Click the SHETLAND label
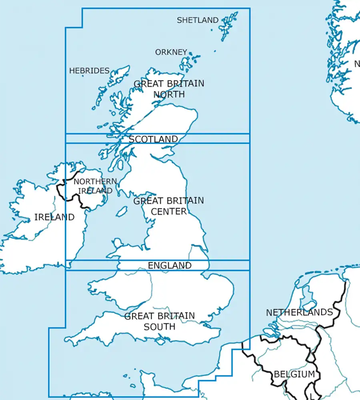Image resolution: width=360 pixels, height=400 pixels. [x=198, y=20]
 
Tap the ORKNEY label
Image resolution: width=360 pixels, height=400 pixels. [x=171, y=52]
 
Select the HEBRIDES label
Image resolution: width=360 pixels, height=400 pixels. [x=89, y=71]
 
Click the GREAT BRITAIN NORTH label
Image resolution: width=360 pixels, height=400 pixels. [x=169, y=89]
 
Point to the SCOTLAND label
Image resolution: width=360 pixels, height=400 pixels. [x=154, y=139]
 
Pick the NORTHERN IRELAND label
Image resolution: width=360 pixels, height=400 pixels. [x=95, y=186]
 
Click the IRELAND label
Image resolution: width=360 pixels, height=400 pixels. [x=54, y=217]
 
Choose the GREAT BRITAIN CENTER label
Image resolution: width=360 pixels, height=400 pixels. [x=169, y=206]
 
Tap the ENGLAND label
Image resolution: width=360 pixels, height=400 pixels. [x=170, y=266]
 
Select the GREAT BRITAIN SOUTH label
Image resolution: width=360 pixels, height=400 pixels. [x=160, y=321]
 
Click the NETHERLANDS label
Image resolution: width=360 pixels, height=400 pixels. [x=299, y=312]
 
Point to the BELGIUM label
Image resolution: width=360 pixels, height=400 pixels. [x=294, y=375]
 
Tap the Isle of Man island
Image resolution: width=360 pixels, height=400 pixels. [x=122, y=212]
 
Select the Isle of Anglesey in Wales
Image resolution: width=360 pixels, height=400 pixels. [x=118, y=243]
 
